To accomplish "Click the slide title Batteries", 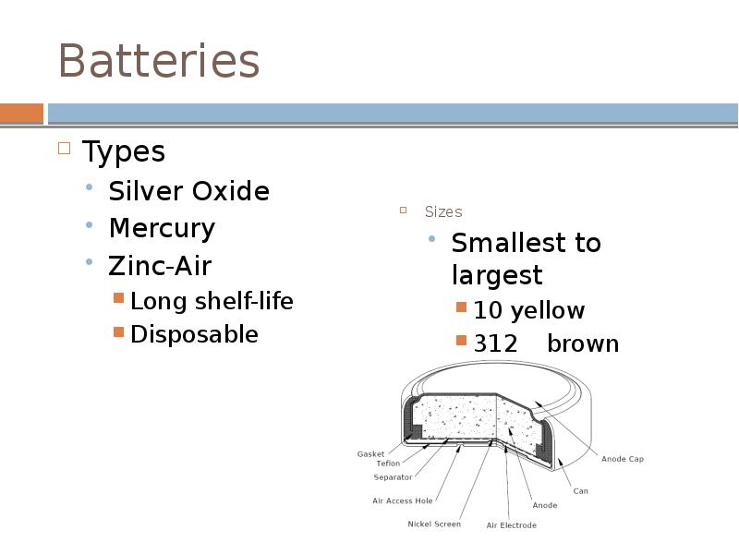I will tap(158, 62).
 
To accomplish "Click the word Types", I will tap(124, 151).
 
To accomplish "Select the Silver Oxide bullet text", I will tap(188, 192).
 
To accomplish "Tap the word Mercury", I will tap(162, 228).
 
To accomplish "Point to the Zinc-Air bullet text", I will tap(160, 266).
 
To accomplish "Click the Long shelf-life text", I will tap(212, 301).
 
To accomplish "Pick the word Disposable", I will tap(194, 334).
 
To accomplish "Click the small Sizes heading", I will tap(443, 212).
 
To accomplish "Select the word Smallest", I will tap(500, 243).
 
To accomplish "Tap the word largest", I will tap(497, 275).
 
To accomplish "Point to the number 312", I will tap(496, 343).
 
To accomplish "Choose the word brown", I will tap(583, 343).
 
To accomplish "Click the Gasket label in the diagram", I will tap(370, 454).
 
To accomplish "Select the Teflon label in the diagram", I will tap(388, 464).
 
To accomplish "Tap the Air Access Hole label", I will tap(402, 501).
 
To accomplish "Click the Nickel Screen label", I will tap(433, 524).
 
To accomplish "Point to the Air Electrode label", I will tap(511, 525).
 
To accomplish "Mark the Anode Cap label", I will tap(622, 459).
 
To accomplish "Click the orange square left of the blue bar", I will tap(21, 114).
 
